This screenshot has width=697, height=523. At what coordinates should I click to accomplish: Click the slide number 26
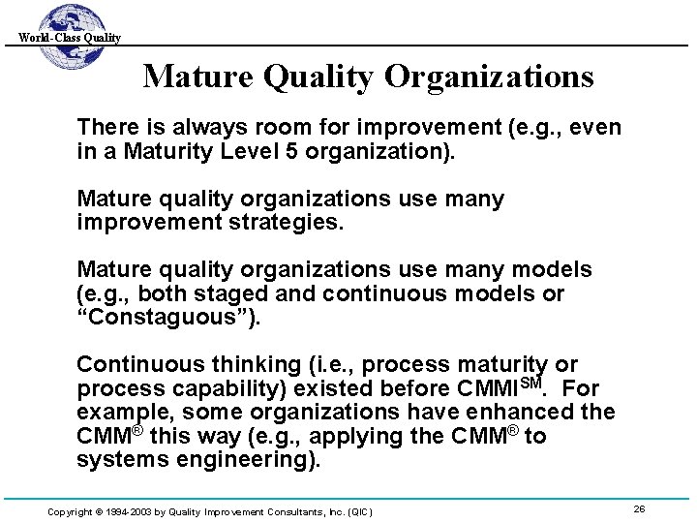639,508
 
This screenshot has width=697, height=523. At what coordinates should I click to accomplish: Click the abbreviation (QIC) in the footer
356,510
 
